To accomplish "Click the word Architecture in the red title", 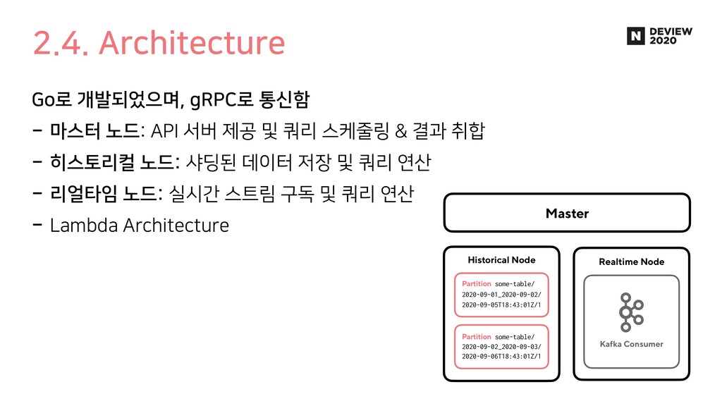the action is (192, 43).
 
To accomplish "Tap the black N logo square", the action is (635, 36).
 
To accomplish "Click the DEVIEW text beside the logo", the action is (671, 31).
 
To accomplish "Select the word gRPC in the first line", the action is (205, 100).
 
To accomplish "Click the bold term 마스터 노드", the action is (94, 130).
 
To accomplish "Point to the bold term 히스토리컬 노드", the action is (112, 162).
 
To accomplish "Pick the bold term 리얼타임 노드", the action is (104, 193).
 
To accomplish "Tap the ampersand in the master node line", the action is (401, 131).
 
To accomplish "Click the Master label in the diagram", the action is (567, 213).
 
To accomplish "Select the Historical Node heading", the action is (501, 260).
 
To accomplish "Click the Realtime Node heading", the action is (631, 262).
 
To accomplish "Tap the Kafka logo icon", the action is (631, 312).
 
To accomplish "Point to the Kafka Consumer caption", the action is (631, 344).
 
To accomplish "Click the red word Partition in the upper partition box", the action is (476, 283).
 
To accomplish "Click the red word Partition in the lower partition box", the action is (476, 336).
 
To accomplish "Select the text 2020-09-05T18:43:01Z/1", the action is (501, 304).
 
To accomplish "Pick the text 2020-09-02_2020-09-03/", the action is (501, 347).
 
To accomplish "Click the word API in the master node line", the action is (164, 131).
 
